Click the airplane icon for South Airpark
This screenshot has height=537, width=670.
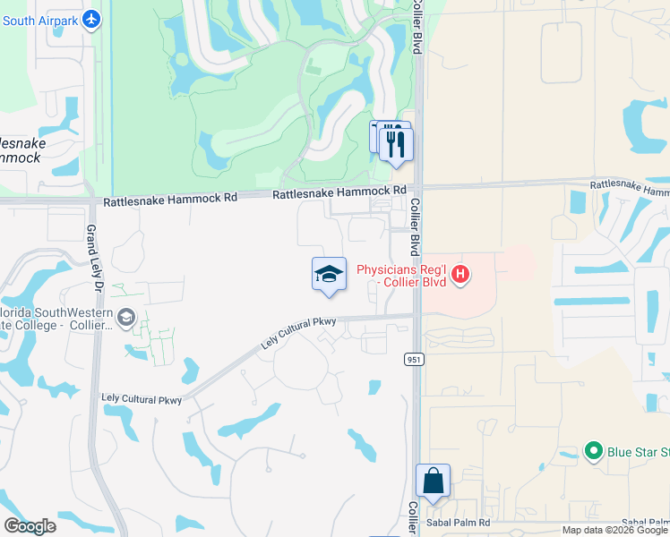point(91,19)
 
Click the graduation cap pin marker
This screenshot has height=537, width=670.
point(329,274)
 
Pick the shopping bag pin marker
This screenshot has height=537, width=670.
point(434,482)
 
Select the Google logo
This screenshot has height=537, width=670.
point(30,526)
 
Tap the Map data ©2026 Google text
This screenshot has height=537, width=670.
point(614,530)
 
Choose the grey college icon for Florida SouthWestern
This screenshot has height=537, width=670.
point(126,316)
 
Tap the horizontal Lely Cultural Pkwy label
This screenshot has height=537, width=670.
point(142,400)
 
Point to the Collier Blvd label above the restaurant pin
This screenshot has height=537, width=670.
point(417,27)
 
